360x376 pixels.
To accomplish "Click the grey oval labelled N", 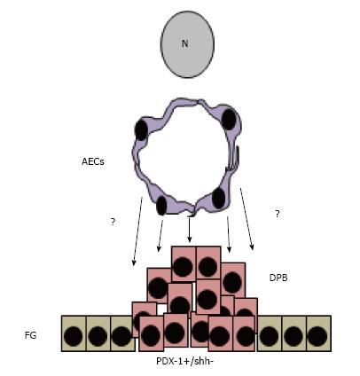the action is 187,44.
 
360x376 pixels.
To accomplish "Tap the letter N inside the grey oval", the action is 184,43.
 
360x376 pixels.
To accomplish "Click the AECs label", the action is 93,161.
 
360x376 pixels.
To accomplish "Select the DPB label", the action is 278,278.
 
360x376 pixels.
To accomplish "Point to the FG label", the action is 30,335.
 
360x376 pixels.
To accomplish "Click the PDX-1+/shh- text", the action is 184,361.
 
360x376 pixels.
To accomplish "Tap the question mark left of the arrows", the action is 113,222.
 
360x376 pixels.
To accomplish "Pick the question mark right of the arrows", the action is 277,214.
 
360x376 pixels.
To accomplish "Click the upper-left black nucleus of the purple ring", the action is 141,130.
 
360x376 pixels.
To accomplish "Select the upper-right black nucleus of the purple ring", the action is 229,120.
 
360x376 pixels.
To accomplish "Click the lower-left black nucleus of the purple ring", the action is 161,206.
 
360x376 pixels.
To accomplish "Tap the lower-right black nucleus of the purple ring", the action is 219,198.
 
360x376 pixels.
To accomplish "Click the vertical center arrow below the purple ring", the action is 190,230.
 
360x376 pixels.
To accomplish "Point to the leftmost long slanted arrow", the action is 137,231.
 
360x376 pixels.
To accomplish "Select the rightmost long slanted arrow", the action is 247,219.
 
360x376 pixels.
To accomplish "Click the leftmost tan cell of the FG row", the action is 74,333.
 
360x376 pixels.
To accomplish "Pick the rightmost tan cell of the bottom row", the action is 318,333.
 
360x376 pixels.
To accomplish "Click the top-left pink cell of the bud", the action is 184,263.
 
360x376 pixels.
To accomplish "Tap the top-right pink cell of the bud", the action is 208,263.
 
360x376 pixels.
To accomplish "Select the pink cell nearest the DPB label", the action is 233,280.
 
